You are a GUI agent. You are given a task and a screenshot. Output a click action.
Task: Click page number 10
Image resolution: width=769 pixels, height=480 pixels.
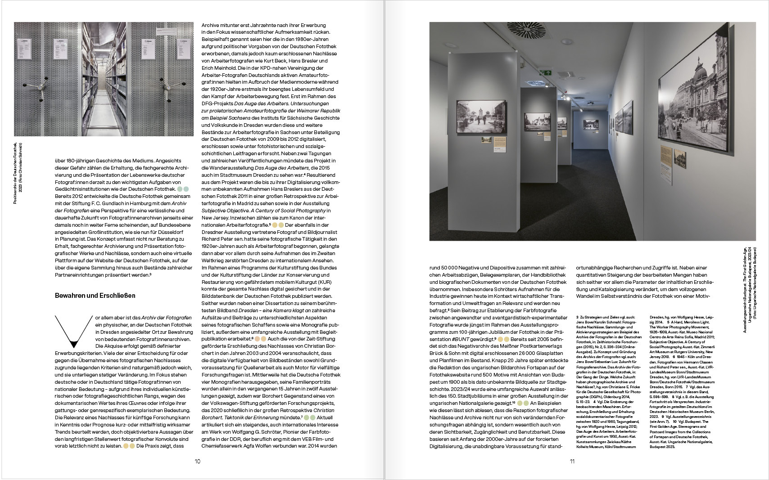pyautogui.click(x=197, y=461)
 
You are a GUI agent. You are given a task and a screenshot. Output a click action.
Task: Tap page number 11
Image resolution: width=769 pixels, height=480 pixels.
pyautogui.click(x=572, y=461)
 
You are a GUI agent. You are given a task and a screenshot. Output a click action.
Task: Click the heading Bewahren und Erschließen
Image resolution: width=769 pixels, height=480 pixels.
pyautogui.click(x=95, y=296)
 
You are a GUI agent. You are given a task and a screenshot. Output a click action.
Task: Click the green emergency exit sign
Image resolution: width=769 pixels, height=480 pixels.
pyautogui.click(x=547, y=72)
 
